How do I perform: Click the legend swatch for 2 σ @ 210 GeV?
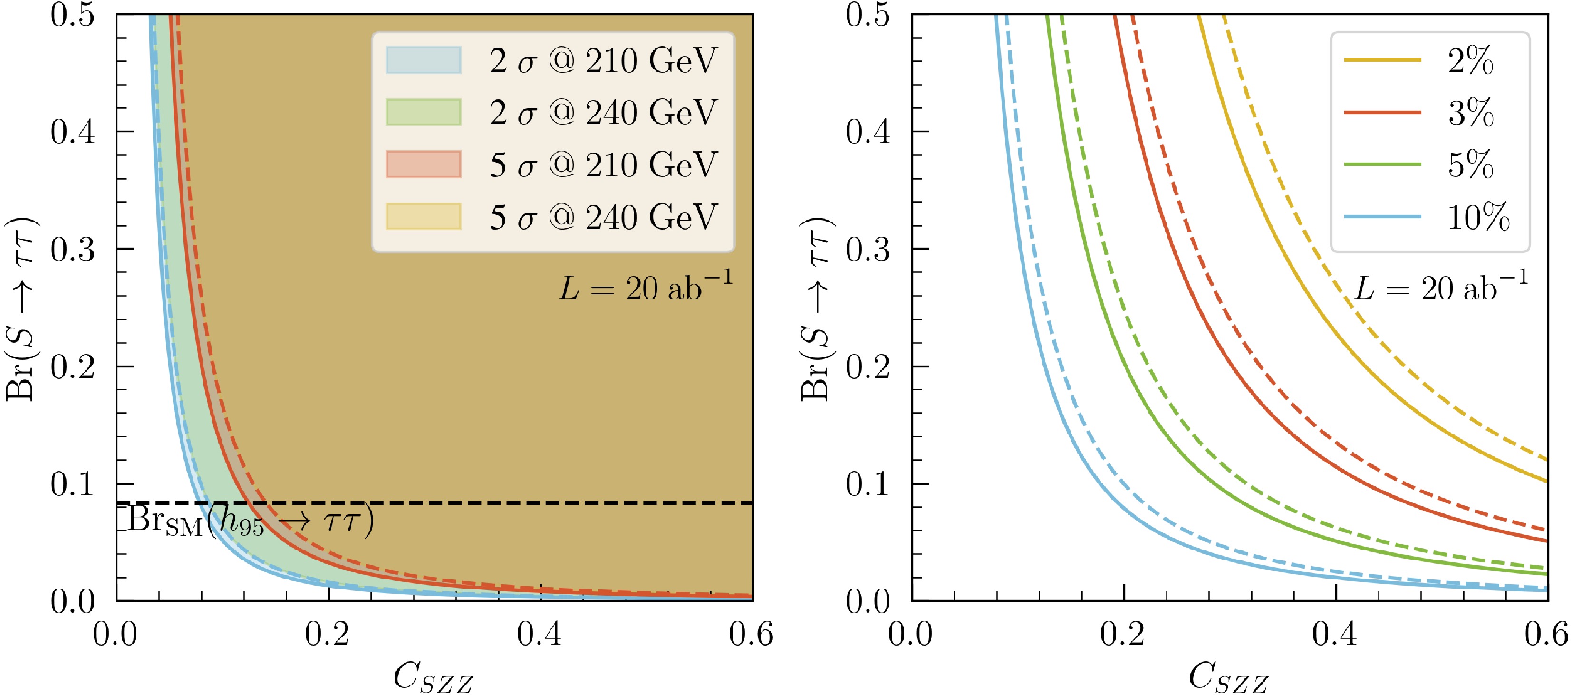423,60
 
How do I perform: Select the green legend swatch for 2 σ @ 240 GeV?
423,112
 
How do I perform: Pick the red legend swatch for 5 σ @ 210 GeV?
423,164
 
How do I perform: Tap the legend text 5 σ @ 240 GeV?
603,217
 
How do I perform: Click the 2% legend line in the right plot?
1382,60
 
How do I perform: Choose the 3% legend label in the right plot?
1471,112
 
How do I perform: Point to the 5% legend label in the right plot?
1471,164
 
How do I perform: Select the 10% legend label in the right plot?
1478,217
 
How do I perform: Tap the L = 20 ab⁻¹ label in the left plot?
646,287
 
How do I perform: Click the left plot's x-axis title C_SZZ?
433,676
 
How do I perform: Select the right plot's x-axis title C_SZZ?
1228,676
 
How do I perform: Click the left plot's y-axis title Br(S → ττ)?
22,308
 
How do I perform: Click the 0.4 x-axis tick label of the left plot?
540,634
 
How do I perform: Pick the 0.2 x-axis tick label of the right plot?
1123,634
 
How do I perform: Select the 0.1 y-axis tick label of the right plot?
867,484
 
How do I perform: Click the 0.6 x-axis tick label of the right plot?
1546,634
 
